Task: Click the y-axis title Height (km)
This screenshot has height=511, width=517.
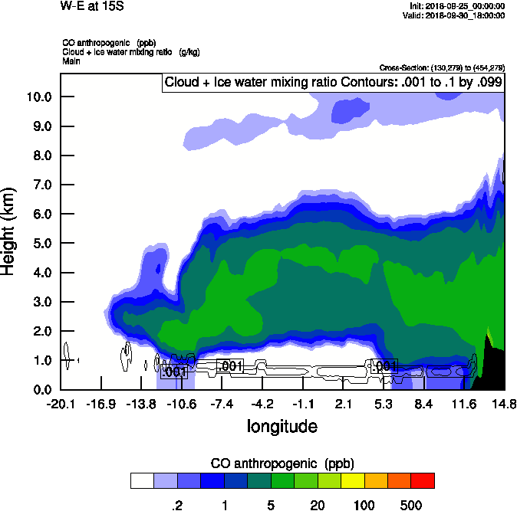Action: (9, 231)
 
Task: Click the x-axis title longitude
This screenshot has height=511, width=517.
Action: (282, 425)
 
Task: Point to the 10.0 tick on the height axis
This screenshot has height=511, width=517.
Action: (39, 97)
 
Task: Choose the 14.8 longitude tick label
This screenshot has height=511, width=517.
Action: (504, 404)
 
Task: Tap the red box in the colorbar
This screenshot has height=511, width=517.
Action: (423, 481)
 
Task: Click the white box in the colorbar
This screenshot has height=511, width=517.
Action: (142, 481)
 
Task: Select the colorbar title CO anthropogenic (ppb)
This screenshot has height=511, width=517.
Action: (282, 464)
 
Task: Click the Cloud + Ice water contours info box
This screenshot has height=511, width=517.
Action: (333, 83)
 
